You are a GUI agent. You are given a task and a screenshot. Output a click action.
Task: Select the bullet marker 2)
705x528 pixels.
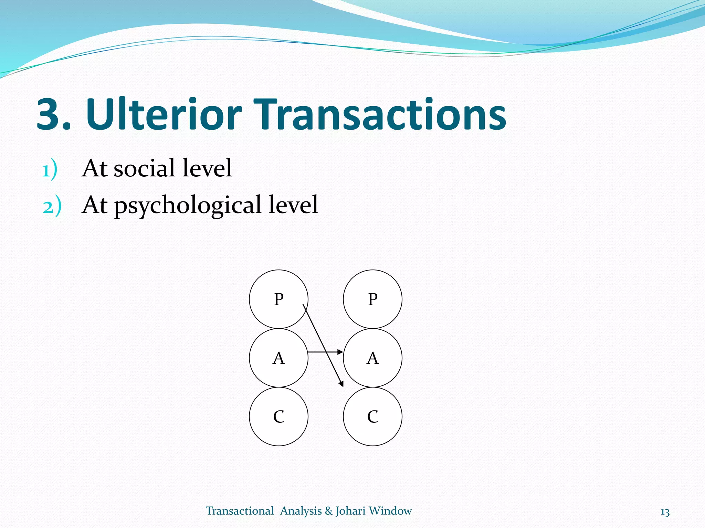click(x=52, y=207)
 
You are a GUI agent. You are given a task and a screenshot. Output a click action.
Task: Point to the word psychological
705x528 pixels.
click(x=188, y=205)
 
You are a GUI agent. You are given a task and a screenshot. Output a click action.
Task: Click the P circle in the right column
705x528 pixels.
click(x=372, y=299)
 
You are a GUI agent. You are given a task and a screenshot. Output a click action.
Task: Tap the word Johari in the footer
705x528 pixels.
click(x=350, y=511)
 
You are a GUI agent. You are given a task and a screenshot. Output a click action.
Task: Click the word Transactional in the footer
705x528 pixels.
click(x=240, y=511)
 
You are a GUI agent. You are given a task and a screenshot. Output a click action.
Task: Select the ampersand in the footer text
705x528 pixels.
click(x=328, y=511)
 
